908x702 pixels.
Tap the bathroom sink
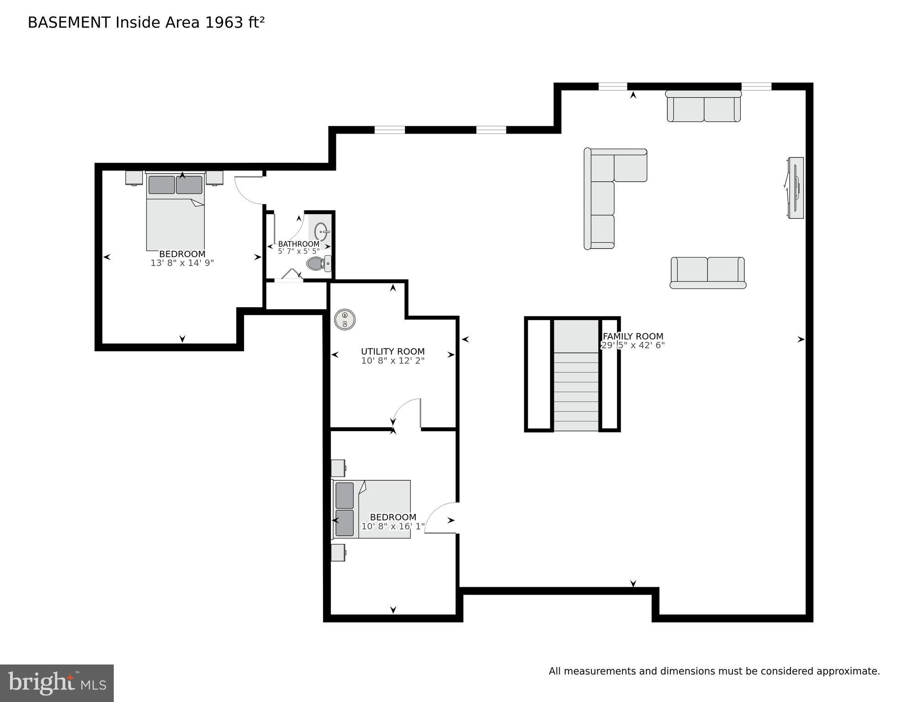point(321,231)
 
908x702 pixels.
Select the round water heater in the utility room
point(345,319)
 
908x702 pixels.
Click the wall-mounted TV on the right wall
point(796,188)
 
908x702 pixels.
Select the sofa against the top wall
point(703,107)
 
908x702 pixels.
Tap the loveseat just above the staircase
point(707,273)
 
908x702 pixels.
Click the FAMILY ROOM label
point(633,336)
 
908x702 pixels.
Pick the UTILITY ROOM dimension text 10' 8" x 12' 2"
point(393,361)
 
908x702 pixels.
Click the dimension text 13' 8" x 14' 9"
point(182,263)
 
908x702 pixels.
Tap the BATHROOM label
point(298,244)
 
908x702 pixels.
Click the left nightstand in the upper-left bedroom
point(134,177)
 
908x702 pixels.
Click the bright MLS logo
point(57,683)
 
